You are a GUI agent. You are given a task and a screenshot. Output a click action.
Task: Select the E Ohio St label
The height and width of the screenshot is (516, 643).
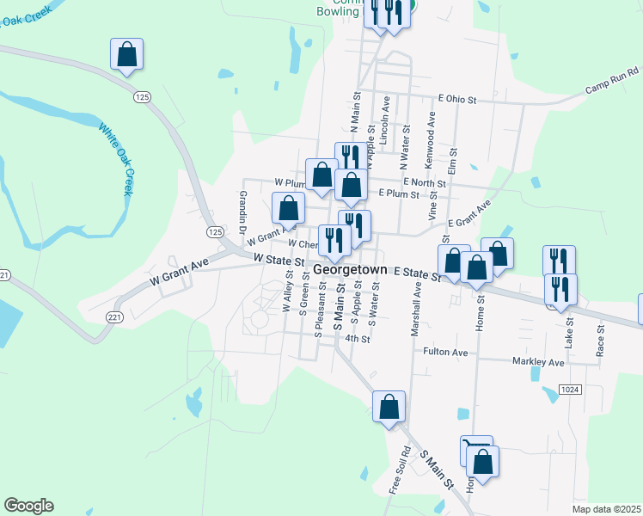click(x=456, y=100)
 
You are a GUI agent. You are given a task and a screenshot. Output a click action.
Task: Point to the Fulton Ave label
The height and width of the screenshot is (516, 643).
click(x=445, y=352)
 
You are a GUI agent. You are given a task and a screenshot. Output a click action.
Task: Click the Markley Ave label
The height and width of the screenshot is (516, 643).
click(x=539, y=363)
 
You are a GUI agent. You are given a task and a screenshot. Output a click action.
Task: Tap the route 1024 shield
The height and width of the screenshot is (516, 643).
click(x=569, y=390)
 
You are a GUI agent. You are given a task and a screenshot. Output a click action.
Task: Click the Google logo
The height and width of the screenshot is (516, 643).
click(x=28, y=506)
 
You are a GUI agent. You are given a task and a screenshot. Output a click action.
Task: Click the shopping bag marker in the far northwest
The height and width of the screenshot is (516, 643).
click(x=127, y=55)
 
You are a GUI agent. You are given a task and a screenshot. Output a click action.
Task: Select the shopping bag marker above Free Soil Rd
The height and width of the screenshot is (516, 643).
click(x=389, y=406)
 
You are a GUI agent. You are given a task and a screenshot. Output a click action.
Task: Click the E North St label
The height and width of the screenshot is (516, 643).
click(x=424, y=183)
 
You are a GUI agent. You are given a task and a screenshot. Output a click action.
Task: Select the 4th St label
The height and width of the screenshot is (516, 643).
click(x=357, y=339)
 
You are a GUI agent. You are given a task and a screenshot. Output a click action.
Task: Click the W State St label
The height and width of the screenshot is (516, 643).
click(x=279, y=259)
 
